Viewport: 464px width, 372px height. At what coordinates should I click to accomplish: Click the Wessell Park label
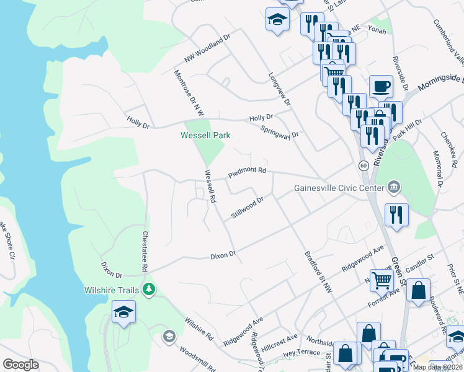(205, 135)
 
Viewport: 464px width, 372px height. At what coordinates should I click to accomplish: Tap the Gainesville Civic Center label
(339, 188)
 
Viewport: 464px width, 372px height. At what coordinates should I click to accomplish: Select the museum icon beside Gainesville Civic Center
(393, 187)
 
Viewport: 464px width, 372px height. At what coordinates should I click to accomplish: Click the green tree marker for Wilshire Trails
(149, 289)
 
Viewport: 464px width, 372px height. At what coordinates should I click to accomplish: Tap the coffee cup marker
(380, 87)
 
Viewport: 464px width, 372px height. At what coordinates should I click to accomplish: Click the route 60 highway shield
(363, 166)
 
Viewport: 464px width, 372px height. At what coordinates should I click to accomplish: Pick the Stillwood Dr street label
(248, 205)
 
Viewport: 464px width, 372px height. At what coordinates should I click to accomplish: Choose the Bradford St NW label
(318, 272)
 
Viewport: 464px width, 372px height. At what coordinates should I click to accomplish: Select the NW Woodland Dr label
(207, 48)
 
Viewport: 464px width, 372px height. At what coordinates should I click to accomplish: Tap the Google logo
(20, 365)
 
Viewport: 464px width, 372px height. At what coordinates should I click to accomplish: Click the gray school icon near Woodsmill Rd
(168, 336)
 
